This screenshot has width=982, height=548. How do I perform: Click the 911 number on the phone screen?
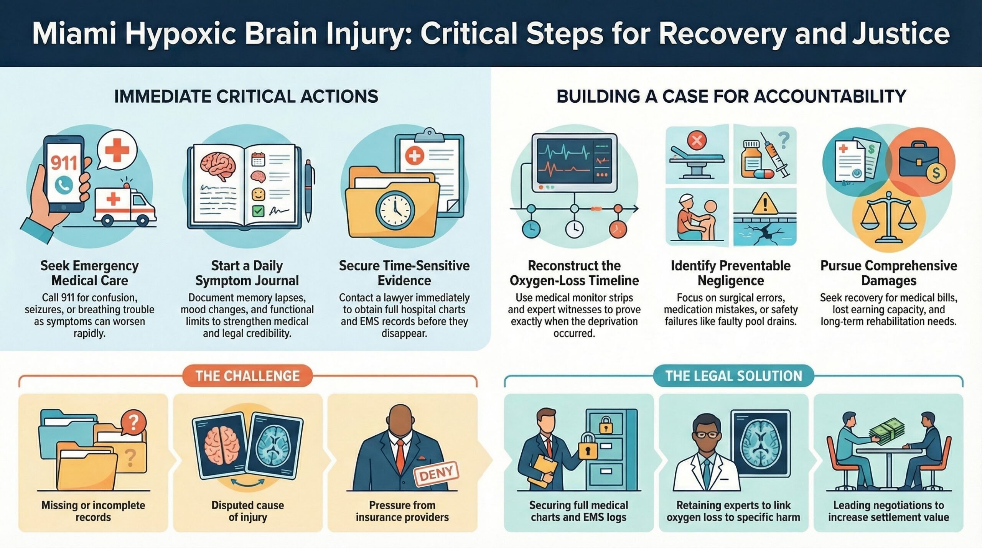click(x=64, y=163)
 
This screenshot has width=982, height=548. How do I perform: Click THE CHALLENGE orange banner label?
click(x=247, y=376)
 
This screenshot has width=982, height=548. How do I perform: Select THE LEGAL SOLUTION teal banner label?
click(x=733, y=376)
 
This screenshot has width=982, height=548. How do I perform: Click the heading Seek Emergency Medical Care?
click(x=89, y=273)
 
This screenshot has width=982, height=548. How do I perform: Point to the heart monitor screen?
click(x=574, y=161)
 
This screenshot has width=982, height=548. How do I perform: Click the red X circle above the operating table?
click(x=697, y=140)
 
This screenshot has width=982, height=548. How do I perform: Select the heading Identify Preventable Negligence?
click(x=730, y=273)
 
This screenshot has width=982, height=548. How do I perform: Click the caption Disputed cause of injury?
click(x=247, y=511)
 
